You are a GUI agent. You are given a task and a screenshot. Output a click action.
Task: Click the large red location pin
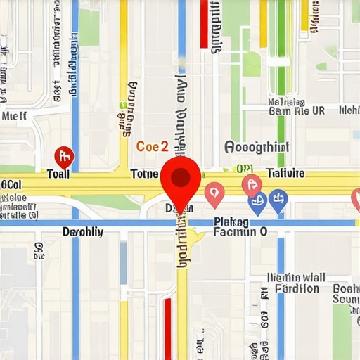(x=181, y=177)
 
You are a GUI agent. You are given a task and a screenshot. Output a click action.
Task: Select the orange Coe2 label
(x=152, y=147)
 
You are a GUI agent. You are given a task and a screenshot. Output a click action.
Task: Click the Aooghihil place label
(x=257, y=147)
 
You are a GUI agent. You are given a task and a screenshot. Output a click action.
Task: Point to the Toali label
(x=58, y=174)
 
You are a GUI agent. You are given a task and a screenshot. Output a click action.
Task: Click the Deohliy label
(x=83, y=231)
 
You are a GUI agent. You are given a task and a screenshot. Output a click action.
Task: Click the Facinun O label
(x=240, y=231)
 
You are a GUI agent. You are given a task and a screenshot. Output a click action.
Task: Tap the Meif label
(x=15, y=116)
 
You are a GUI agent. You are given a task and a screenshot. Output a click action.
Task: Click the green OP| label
(x=244, y=169)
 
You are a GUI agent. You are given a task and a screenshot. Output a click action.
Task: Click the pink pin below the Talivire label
(x=251, y=186)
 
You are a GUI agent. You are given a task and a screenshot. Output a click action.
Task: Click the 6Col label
(x=11, y=184)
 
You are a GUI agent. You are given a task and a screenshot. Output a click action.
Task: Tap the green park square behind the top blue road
(x=89, y=27)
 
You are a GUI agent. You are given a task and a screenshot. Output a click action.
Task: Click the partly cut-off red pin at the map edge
(x=356, y=199)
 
